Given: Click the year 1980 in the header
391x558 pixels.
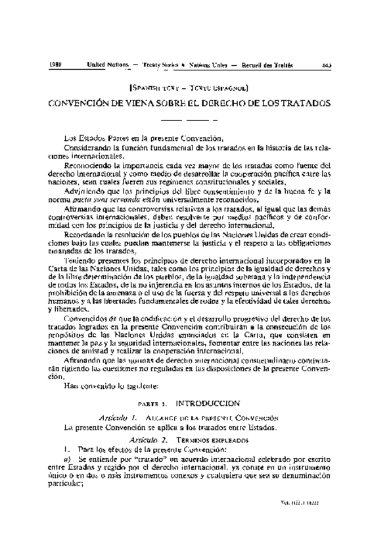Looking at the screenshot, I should pos(55,64).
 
